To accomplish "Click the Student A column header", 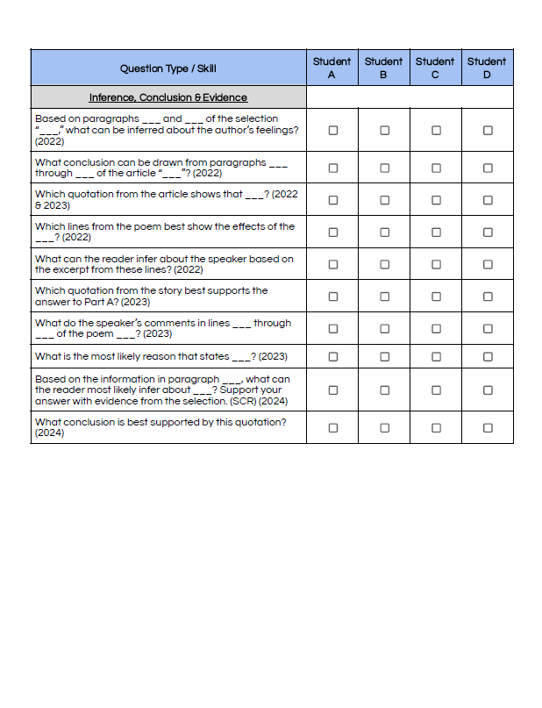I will [332, 68].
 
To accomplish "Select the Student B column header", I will [383, 68].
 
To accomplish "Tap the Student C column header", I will [435, 68].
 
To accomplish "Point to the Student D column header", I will [487, 68].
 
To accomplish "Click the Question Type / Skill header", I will [168, 68].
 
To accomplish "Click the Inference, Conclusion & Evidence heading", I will [168, 97].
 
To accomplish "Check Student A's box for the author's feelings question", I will [332, 130].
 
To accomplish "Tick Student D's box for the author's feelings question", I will [488, 130].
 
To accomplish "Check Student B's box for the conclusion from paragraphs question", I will [384, 168].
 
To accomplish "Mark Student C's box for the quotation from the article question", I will [436, 200].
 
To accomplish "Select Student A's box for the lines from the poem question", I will [332, 232].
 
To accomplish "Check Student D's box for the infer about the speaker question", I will [488, 264].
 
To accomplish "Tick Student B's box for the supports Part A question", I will [384, 297].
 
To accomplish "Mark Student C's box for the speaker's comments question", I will [436, 328].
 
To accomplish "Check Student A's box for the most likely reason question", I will [332, 356].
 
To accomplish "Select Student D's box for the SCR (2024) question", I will [488, 390].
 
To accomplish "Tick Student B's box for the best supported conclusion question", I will [384, 427].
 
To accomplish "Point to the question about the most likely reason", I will [160, 356].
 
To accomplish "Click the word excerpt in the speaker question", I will [71, 269].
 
